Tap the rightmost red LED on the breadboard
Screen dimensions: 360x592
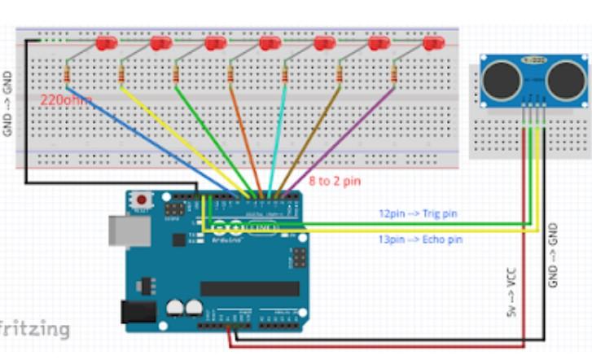coord(433,42)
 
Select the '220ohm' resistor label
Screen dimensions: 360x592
coord(66,100)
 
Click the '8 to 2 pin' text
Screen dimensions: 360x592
coord(334,180)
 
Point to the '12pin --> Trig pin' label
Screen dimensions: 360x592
coord(418,213)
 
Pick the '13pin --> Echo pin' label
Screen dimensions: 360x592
coord(419,239)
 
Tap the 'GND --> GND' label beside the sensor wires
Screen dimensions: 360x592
coord(554,254)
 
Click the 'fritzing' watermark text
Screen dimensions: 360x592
coord(34,328)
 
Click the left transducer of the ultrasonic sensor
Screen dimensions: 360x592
coord(499,79)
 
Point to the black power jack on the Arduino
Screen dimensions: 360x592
coord(138,312)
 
